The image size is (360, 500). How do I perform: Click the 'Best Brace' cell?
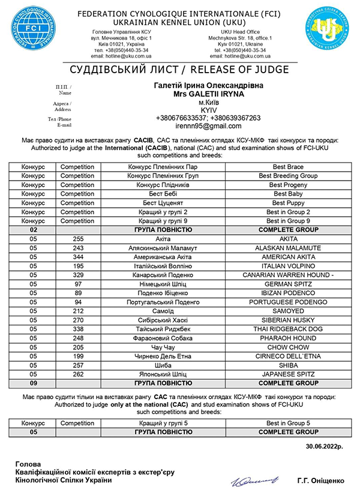(x=287, y=166)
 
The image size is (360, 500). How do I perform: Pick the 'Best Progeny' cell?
(x=287, y=185)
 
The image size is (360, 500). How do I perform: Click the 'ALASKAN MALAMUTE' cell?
(x=287, y=247)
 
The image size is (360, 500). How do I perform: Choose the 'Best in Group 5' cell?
(x=287, y=423)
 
